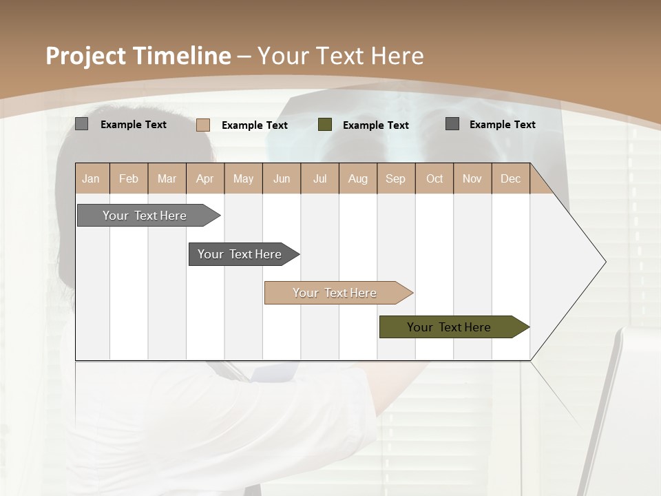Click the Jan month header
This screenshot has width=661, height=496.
(x=91, y=178)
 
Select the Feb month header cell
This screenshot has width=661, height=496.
(x=129, y=178)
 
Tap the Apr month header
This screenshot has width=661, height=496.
(x=204, y=178)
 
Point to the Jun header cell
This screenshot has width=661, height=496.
(x=282, y=178)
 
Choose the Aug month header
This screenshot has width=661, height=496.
(x=357, y=178)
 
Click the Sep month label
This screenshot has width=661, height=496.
(x=395, y=178)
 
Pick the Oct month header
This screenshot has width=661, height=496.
(x=434, y=178)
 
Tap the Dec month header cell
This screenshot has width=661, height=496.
(x=510, y=178)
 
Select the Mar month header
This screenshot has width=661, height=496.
(x=167, y=178)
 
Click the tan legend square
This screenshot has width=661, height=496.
(x=202, y=125)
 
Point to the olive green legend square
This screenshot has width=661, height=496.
(x=325, y=125)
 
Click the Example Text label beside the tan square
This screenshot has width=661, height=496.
(x=255, y=125)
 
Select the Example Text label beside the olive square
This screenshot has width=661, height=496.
(x=376, y=125)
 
